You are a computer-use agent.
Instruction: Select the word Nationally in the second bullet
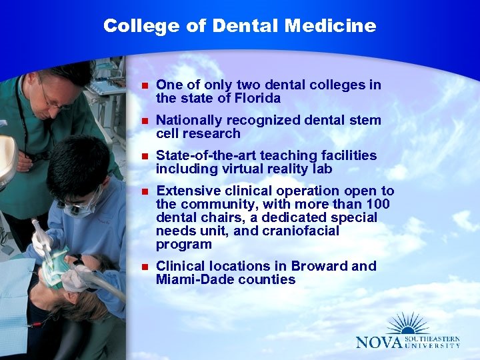189,120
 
